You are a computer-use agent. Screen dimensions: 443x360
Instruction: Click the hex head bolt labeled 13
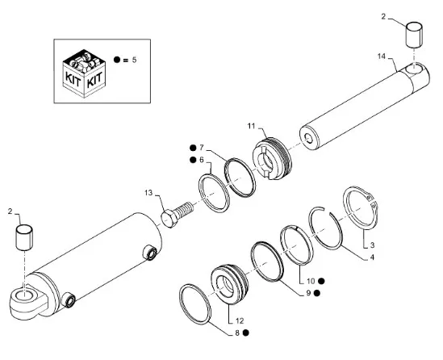[177, 214]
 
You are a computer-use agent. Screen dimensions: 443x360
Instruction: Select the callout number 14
[381, 57]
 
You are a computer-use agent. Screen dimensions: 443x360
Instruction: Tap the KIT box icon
[84, 73]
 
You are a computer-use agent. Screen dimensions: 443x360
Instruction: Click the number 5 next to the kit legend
[134, 60]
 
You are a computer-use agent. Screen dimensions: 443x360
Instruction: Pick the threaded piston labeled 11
[272, 158]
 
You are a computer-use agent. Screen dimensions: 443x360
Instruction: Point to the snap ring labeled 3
[361, 207]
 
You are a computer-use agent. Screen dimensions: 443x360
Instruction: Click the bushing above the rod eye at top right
[414, 35]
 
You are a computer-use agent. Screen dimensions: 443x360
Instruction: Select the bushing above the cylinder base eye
[24, 237]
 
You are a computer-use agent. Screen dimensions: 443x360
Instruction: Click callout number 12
[239, 321]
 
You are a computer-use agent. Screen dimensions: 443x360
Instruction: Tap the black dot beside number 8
[246, 333]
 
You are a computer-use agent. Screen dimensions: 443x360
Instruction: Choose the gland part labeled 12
[230, 284]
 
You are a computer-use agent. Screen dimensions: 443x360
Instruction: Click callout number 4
[372, 257]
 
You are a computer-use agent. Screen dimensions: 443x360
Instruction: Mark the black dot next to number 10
[321, 281]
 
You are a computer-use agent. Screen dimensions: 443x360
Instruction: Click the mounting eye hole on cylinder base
[23, 295]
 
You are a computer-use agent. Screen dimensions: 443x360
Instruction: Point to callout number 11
[251, 126]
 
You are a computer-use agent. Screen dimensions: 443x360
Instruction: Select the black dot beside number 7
[193, 148]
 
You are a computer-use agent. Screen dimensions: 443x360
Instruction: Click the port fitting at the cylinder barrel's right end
[150, 253]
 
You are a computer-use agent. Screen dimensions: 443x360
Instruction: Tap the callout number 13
[148, 193]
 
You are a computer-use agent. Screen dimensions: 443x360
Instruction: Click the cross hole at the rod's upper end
[414, 69]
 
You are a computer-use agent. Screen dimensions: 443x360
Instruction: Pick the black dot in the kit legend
[117, 60]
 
